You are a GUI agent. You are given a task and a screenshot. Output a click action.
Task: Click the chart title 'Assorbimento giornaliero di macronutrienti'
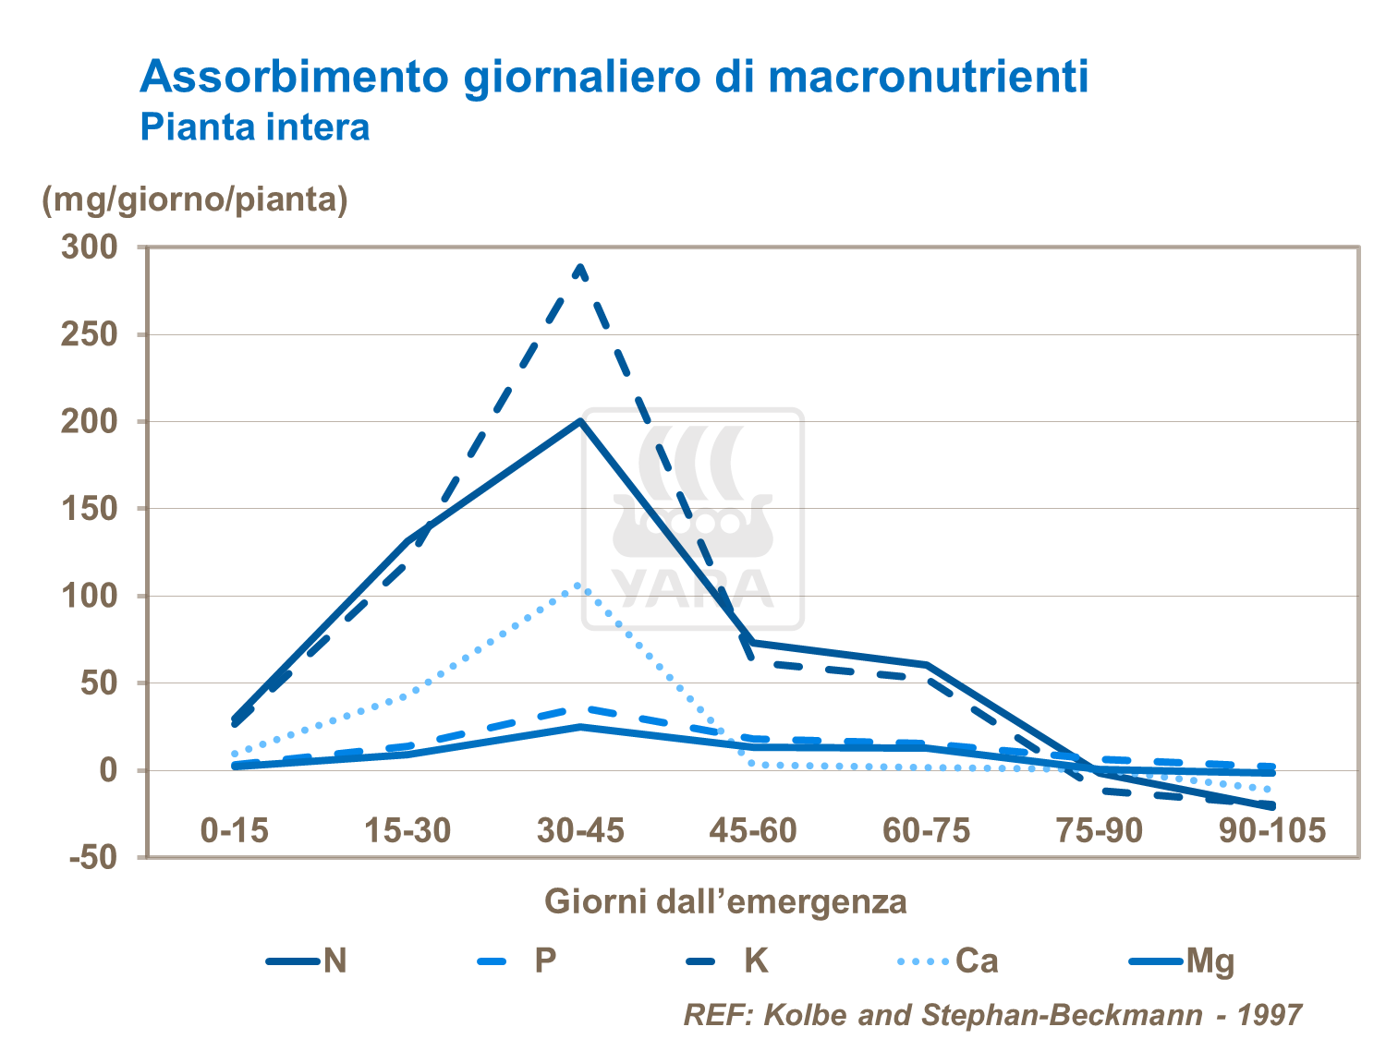coord(614,77)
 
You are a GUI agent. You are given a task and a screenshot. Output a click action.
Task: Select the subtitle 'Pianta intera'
coord(255,127)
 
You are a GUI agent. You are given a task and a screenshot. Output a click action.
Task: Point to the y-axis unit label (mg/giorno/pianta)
coord(195,199)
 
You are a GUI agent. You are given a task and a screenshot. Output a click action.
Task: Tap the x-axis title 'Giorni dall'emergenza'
coord(725,900)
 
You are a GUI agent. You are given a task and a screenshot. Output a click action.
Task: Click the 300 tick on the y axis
coord(90,247)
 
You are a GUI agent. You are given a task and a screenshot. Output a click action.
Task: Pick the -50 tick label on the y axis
coord(93,857)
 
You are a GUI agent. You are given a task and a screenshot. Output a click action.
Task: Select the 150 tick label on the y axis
coord(90,509)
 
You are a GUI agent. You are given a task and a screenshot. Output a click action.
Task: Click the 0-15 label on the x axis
coord(235,830)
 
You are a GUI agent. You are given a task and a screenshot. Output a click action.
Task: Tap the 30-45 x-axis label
coord(580,830)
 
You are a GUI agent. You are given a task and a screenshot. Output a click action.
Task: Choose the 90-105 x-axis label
coord(1272,830)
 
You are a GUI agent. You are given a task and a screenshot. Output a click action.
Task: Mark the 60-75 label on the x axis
coord(926,830)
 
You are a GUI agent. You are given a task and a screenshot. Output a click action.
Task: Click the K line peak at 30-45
coord(580,267)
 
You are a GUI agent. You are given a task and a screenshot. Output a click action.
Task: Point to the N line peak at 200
coord(580,421)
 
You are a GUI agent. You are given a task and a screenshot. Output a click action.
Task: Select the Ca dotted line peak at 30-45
coord(579,585)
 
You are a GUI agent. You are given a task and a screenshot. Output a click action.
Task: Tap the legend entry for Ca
coord(948,961)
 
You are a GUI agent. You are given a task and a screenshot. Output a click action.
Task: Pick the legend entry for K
coord(728,961)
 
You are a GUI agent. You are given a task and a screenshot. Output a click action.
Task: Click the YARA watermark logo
coord(693,519)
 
